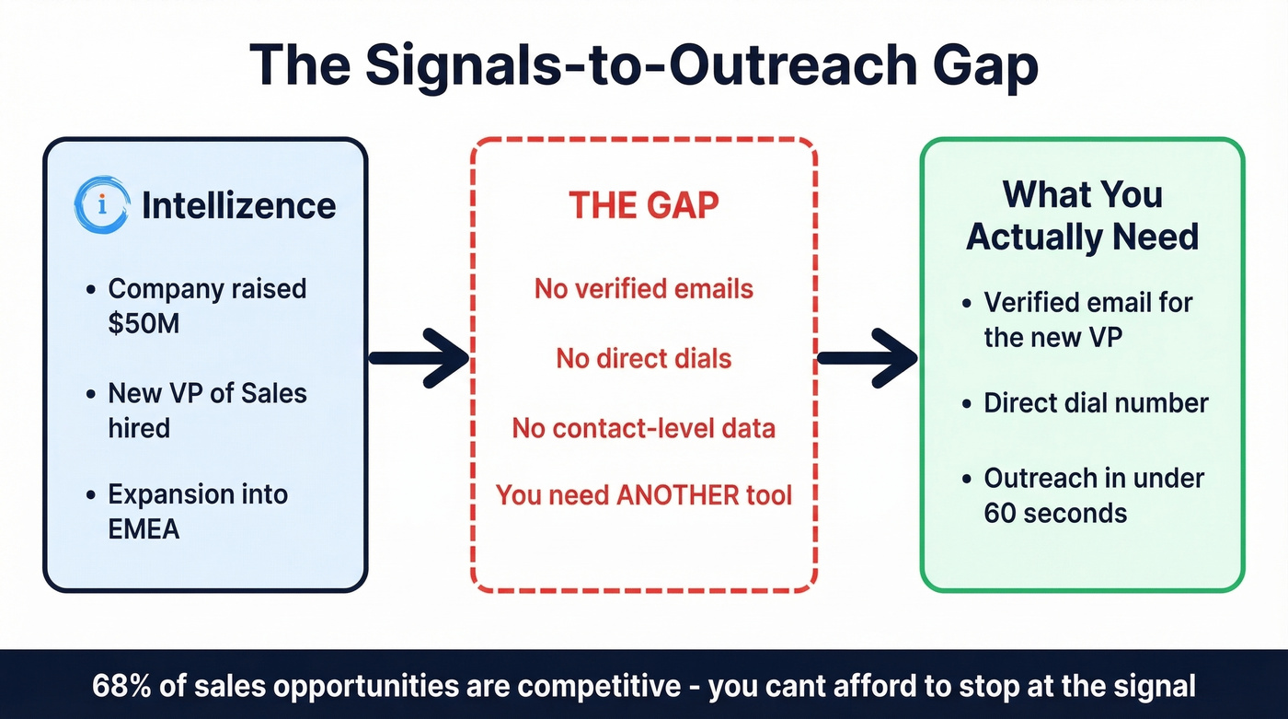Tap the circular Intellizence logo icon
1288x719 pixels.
coord(100,204)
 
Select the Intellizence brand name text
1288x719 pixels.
coord(238,205)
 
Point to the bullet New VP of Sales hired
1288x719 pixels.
coord(207,410)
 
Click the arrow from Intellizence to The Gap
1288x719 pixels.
coord(419,357)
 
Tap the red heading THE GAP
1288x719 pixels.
coord(643,205)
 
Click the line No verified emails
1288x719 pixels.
coord(643,289)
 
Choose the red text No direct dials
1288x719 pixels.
coord(643,358)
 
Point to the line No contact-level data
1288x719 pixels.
coord(643,428)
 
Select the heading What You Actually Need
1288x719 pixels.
coord(1082,215)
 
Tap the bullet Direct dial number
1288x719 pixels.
coord(1096,403)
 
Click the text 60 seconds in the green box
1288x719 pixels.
coord(1055,512)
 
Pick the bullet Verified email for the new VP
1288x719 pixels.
coord(1087,319)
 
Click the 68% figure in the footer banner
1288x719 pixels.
coord(117,686)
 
